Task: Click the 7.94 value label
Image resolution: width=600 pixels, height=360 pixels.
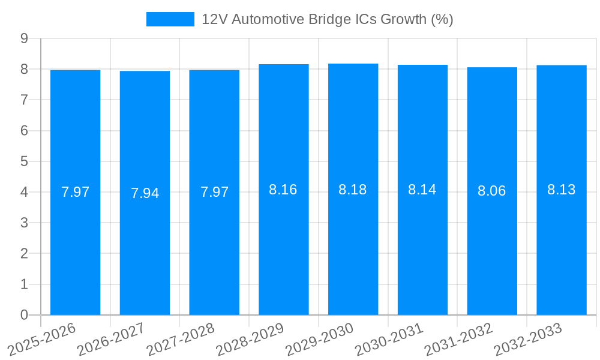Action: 145,193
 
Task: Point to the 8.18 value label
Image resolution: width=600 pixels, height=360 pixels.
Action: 353,190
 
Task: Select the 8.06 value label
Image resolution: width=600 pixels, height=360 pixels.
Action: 492,191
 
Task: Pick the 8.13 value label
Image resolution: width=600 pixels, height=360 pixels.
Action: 561,190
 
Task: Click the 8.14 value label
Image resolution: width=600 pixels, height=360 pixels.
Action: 422,190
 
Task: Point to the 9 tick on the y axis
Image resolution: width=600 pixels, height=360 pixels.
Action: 24,38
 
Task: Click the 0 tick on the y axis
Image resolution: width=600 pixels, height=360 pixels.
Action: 24,315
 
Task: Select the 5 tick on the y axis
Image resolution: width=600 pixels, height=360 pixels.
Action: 24,161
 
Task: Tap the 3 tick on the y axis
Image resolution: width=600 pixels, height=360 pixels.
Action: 24,223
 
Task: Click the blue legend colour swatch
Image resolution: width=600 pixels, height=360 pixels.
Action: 170,19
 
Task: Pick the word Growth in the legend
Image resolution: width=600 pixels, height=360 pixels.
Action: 400,19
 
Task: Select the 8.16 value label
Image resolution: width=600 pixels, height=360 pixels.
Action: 283,190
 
